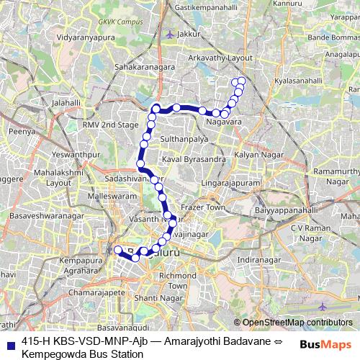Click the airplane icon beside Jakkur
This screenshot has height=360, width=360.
(x=169, y=33)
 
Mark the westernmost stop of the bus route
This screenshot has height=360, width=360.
(x=118, y=250)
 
